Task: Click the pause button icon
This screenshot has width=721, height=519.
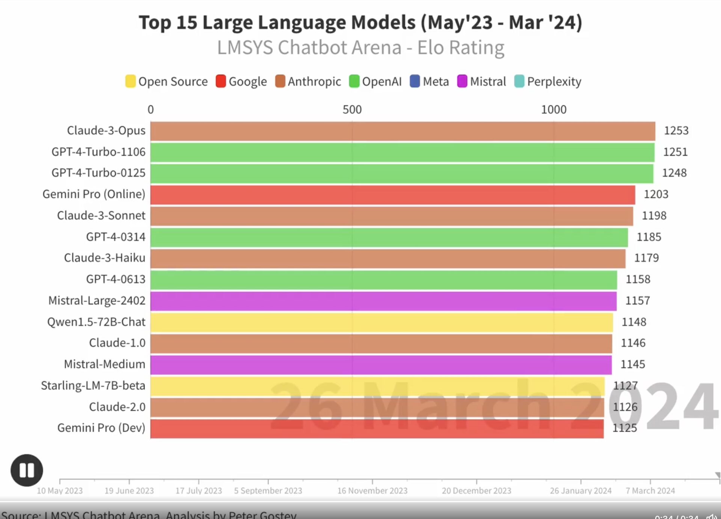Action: click(27, 470)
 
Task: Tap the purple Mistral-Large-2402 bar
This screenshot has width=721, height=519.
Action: click(383, 301)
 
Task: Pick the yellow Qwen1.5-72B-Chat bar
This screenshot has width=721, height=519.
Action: click(382, 322)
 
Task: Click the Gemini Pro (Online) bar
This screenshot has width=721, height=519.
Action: click(392, 195)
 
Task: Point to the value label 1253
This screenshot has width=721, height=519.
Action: click(676, 130)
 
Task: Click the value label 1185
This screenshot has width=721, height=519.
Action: click(649, 237)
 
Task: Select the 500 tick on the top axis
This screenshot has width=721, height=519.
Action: click(352, 110)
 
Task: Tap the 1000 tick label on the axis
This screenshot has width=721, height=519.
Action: click(554, 110)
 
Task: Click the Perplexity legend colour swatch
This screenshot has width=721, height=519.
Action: click(519, 81)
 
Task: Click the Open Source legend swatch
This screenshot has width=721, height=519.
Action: click(130, 81)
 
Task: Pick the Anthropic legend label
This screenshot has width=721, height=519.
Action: click(314, 81)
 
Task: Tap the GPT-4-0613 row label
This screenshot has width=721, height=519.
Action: click(116, 279)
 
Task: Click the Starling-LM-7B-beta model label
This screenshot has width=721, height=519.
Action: click(93, 386)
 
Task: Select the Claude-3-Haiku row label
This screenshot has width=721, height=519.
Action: click(104, 258)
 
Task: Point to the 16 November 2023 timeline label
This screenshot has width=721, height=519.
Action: click(372, 491)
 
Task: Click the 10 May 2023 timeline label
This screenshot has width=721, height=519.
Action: click(60, 491)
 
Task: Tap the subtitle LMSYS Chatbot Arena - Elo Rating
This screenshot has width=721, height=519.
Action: click(360, 48)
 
